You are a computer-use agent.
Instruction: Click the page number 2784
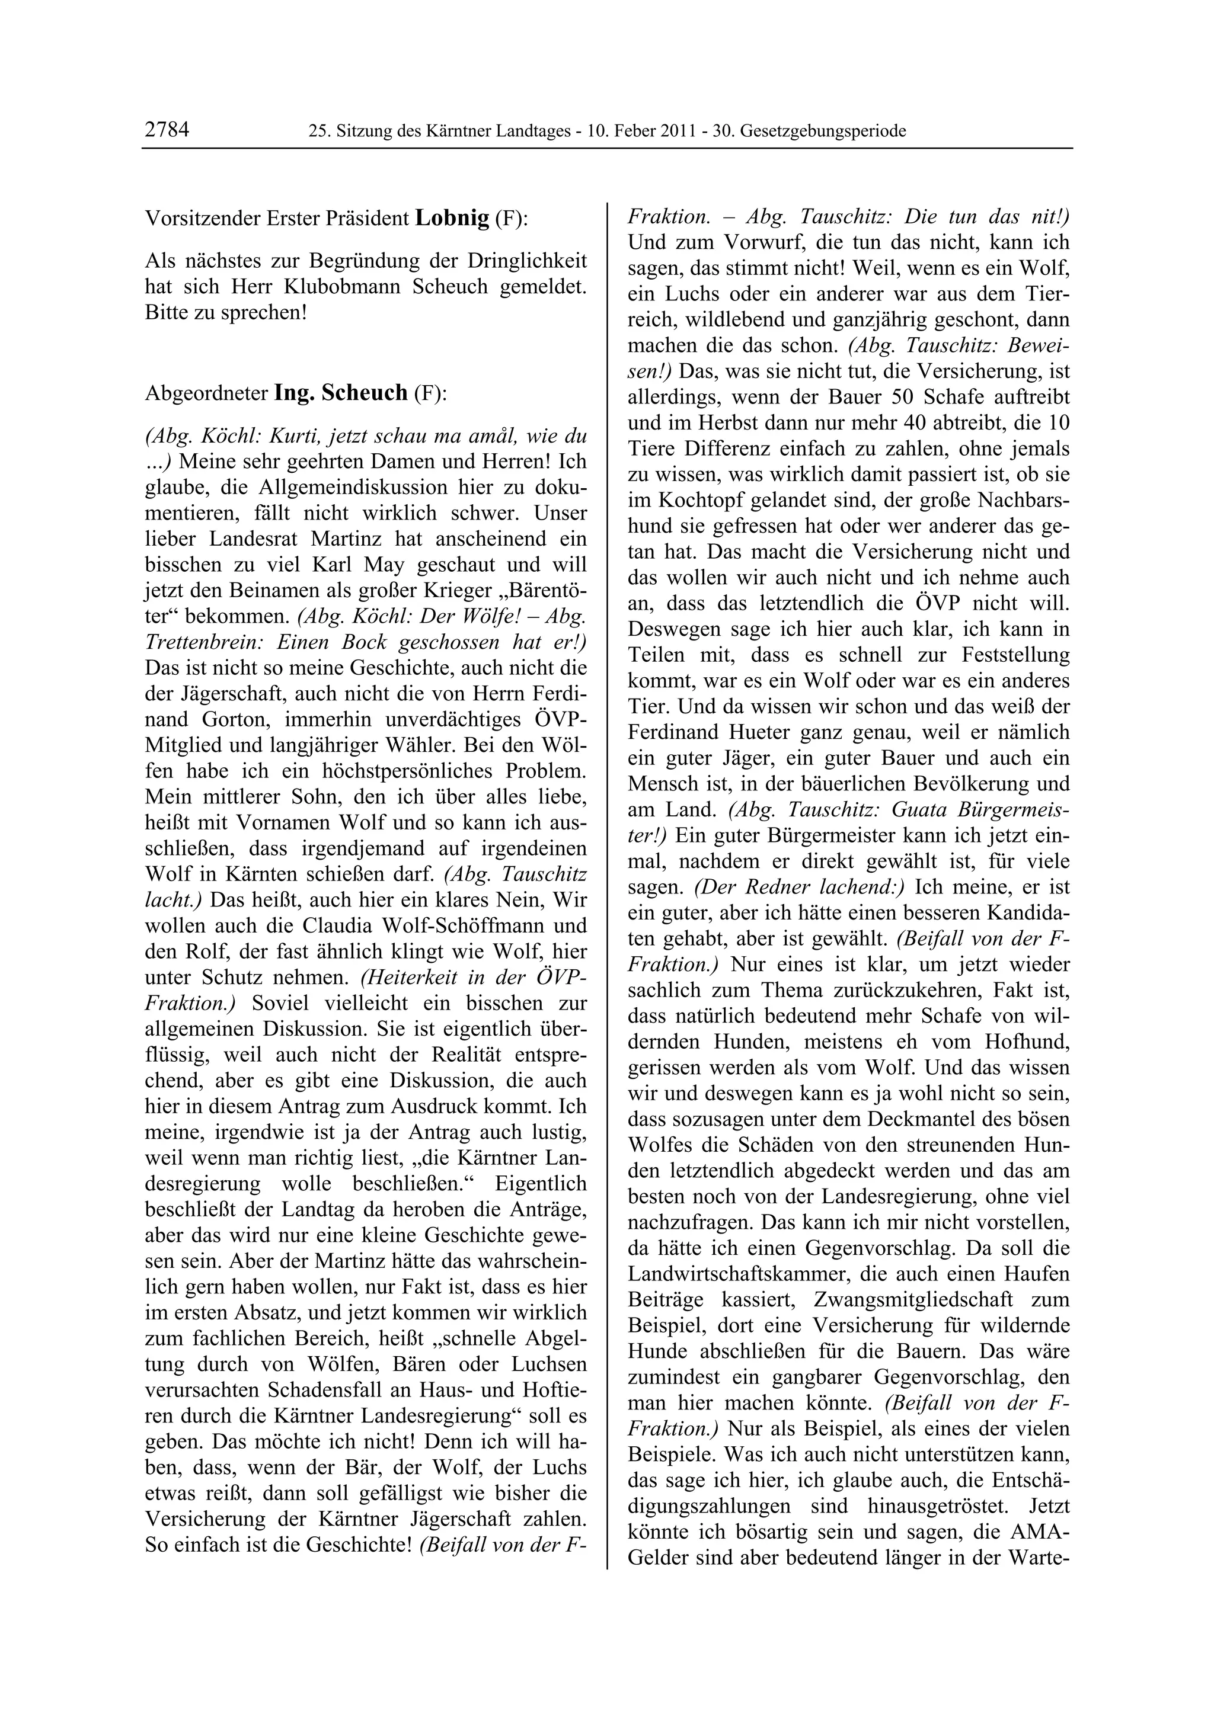point(167,130)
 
